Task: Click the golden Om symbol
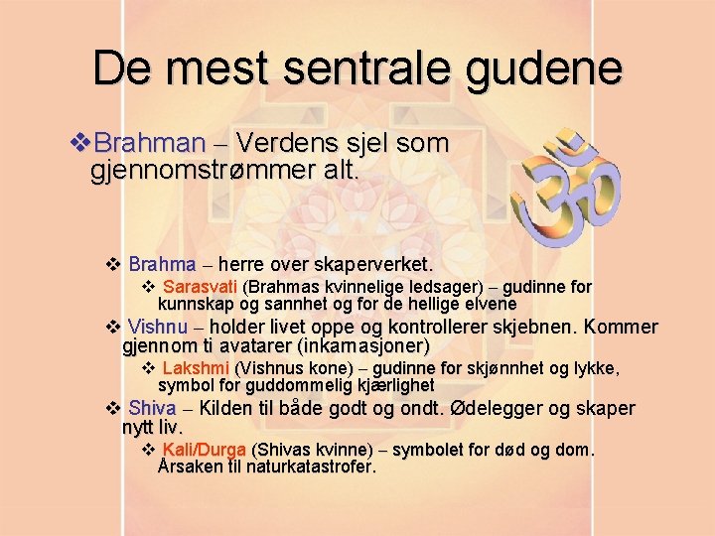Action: [x=569, y=189]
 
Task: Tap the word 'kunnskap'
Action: [x=197, y=304]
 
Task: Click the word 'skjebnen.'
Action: [x=537, y=328]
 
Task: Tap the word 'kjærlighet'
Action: [x=388, y=385]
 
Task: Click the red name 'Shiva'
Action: [x=152, y=408]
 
